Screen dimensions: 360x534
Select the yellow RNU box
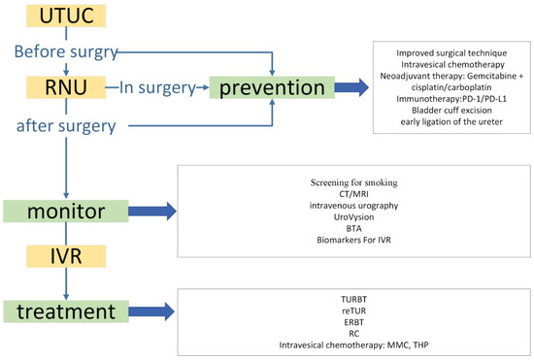[x=63, y=90]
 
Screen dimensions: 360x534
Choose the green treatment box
[x=65, y=311]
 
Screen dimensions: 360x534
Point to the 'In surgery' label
[x=158, y=89]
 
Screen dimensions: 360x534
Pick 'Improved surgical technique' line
[x=451, y=50]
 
